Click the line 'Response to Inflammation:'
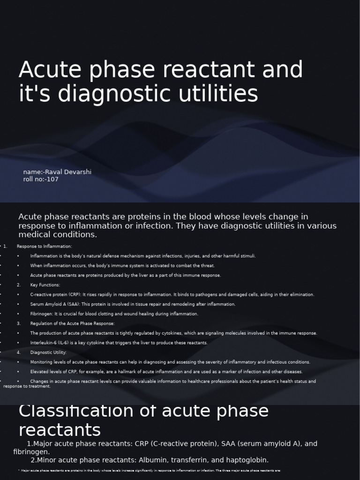click(44, 246)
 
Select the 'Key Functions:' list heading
click(45, 285)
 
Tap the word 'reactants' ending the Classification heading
click(60, 429)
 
